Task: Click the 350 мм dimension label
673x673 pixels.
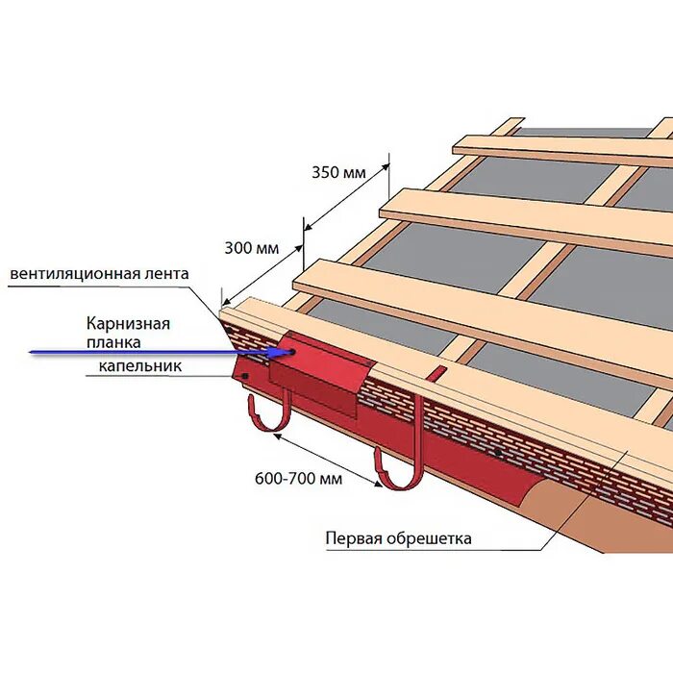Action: pyautogui.click(x=338, y=173)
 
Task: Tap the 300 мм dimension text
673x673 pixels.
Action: pyautogui.click(x=252, y=248)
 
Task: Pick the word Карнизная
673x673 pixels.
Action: pyautogui.click(x=128, y=323)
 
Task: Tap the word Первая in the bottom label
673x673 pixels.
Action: pyautogui.click(x=352, y=538)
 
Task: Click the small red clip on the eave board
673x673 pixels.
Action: pyautogui.click(x=436, y=373)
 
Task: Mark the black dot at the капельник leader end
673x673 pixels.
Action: pyautogui.click(x=248, y=377)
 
